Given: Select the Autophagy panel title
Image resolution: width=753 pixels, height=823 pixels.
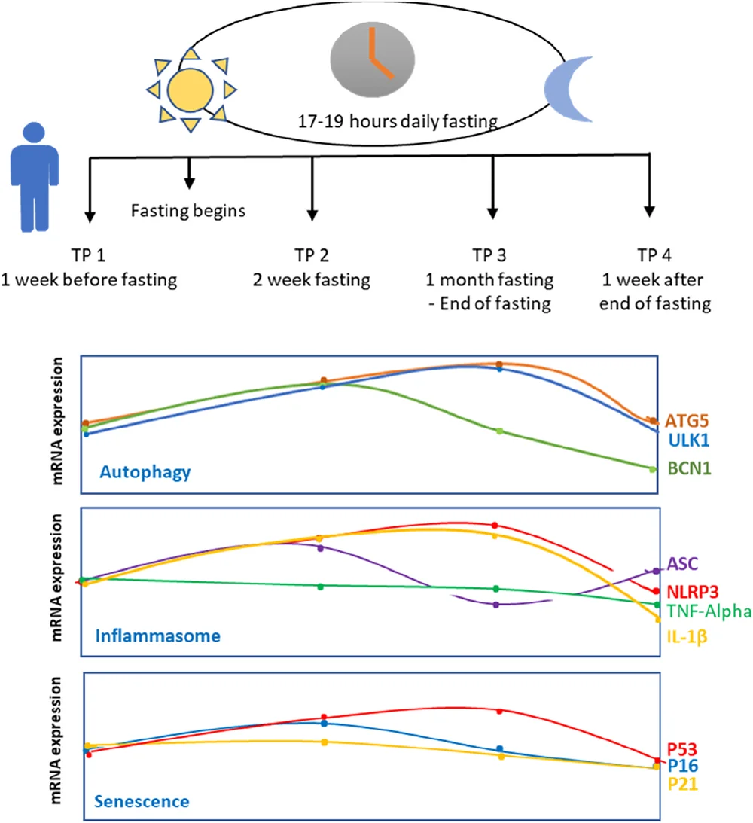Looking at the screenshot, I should (x=145, y=473).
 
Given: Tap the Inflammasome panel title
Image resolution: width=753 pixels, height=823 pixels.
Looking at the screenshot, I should (x=158, y=636).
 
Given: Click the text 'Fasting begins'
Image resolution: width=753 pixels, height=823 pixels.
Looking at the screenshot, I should (x=189, y=211).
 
